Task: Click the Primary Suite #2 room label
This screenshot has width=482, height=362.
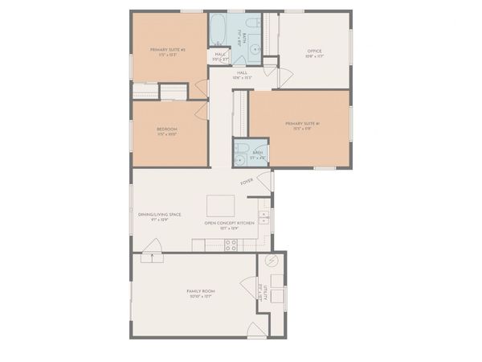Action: pyautogui.click(x=167, y=50)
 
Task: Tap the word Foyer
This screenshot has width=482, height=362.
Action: pyautogui.click(x=247, y=182)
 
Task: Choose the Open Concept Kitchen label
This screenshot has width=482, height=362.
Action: pyautogui.click(x=229, y=223)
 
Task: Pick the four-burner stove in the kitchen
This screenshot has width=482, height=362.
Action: pyautogui.click(x=231, y=245)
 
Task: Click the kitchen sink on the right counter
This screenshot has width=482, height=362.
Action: pyautogui.click(x=263, y=216)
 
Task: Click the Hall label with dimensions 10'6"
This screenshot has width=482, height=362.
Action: pyautogui.click(x=242, y=73)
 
